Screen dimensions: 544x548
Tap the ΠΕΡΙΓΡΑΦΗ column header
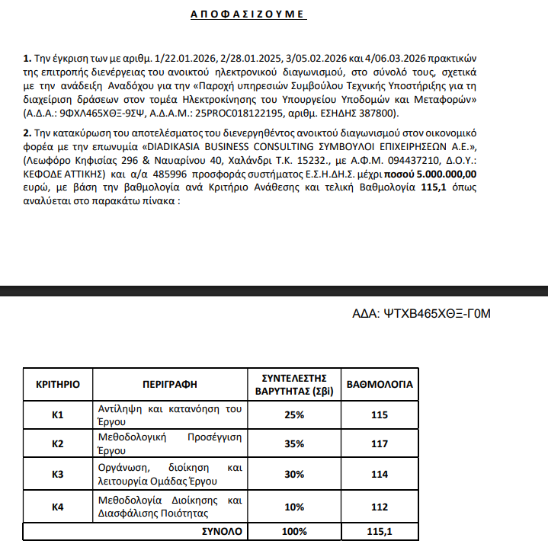click(x=169, y=384)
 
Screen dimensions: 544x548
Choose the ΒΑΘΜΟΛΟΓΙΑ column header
click(x=380, y=384)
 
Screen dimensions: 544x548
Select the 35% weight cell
click(x=294, y=443)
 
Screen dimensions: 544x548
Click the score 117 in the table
click(x=378, y=443)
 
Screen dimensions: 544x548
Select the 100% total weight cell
click(x=294, y=530)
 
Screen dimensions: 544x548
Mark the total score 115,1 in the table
click(x=378, y=530)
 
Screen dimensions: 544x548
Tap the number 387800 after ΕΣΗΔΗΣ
click(x=378, y=113)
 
